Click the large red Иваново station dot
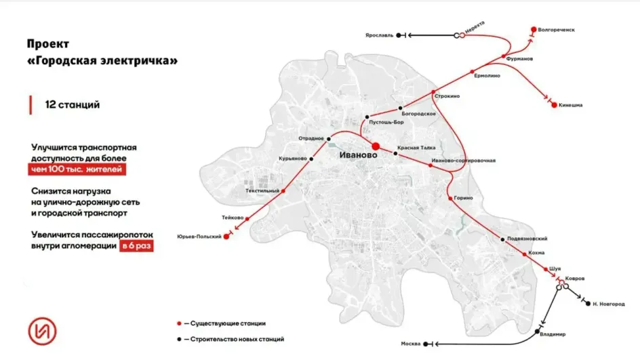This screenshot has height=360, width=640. pyautogui.click(x=376, y=145)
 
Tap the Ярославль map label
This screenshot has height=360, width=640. pyautogui.click(x=378, y=35)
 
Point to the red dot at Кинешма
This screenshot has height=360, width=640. pyautogui.click(x=554, y=105)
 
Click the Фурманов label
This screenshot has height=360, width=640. pyautogui.click(x=519, y=59)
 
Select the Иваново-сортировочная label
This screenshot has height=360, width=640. pyautogui.click(x=464, y=161)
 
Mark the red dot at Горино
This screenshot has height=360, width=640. pyautogui.click(x=450, y=198)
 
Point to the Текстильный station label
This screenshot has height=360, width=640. pyautogui.click(x=262, y=191)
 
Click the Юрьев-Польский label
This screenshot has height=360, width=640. pyautogui.click(x=199, y=236)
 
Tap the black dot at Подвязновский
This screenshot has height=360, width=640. pyautogui.click(x=501, y=239)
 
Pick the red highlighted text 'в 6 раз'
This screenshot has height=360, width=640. pyautogui.click(x=136, y=246)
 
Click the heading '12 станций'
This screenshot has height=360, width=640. pyautogui.click(x=72, y=105)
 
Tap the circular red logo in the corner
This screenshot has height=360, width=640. pyautogui.click(x=43, y=330)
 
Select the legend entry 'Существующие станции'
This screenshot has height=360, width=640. pyautogui.click(x=227, y=323)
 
